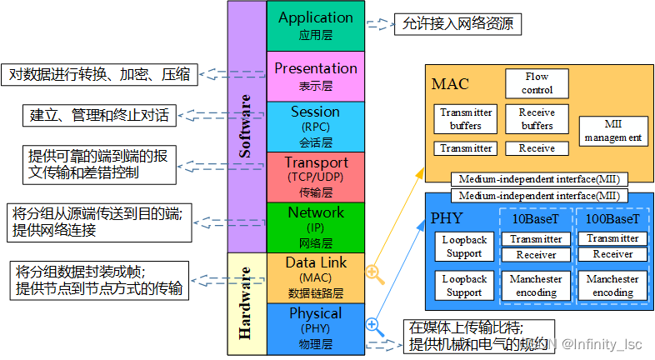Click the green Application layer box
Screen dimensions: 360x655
(316, 25)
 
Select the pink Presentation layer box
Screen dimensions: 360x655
(316, 76)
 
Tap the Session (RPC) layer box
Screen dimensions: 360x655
(316, 126)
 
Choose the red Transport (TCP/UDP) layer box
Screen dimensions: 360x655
(316, 177)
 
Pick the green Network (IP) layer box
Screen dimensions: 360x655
(316, 227)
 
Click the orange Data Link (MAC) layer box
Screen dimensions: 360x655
(316, 277)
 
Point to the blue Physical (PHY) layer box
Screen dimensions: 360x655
(316, 327)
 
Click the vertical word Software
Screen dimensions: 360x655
(245, 125)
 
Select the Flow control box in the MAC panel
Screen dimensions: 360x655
(537, 83)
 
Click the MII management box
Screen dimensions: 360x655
(612, 129)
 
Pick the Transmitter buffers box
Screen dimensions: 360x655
(466, 119)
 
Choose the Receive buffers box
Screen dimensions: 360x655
(537, 119)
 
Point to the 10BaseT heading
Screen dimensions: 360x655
(536, 219)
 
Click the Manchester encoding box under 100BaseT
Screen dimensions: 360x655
(612, 285)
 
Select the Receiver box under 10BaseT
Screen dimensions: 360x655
(536, 255)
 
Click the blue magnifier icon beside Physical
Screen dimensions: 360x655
(374, 326)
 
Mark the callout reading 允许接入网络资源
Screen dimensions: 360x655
(457, 24)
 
